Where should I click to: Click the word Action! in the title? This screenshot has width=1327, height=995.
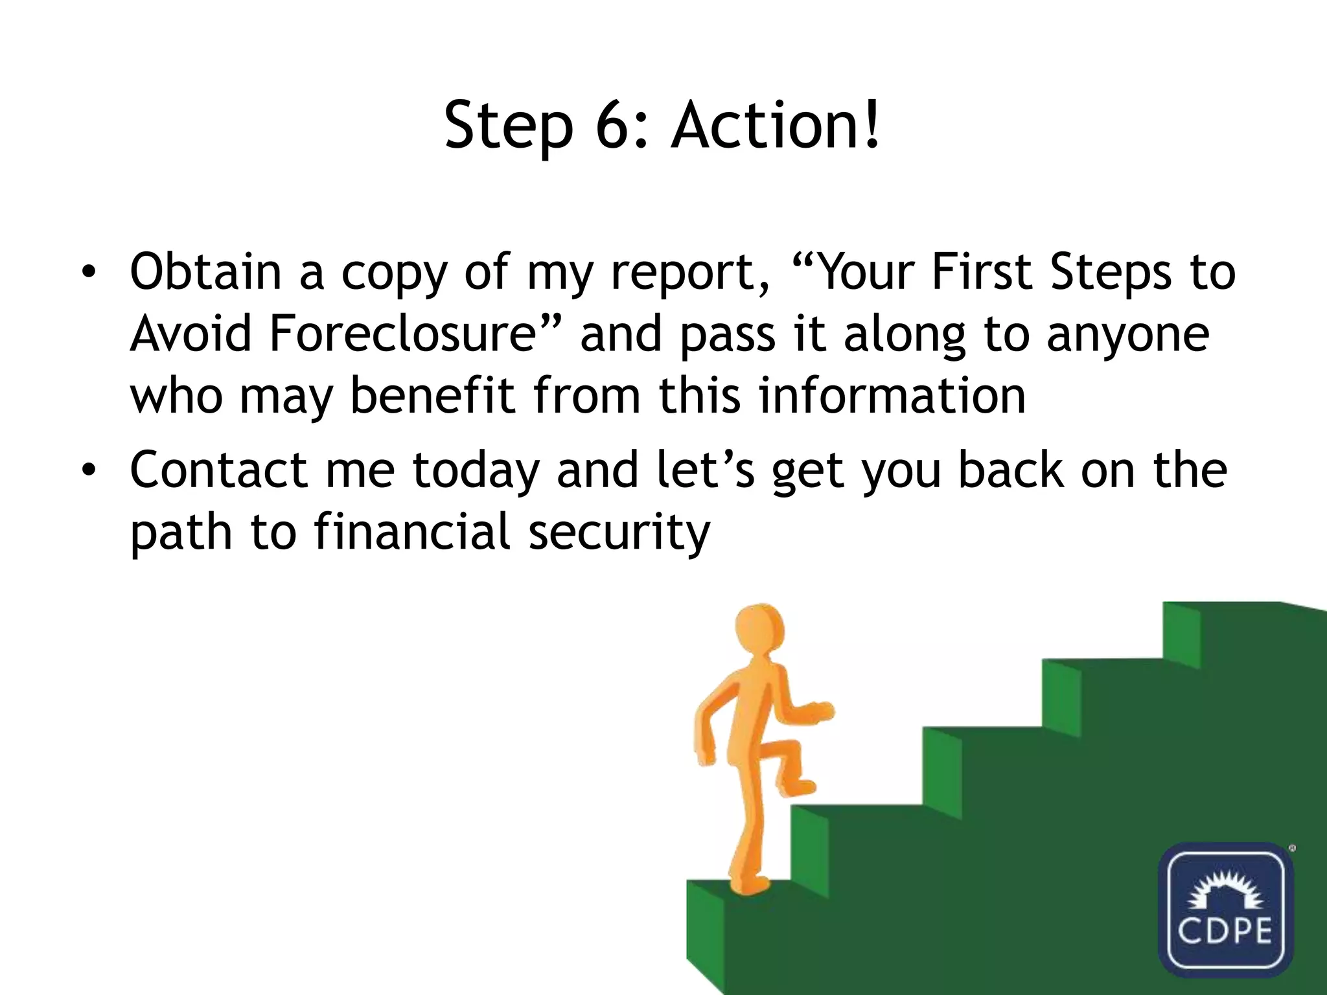pyautogui.click(x=776, y=124)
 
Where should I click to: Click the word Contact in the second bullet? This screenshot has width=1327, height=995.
pyautogui.click(x=218, y=470)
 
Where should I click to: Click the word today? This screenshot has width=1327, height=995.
pyautogui.click(x=475, y=471)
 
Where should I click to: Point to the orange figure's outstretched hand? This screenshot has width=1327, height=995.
pyautogui.click(x=822, y=712)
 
